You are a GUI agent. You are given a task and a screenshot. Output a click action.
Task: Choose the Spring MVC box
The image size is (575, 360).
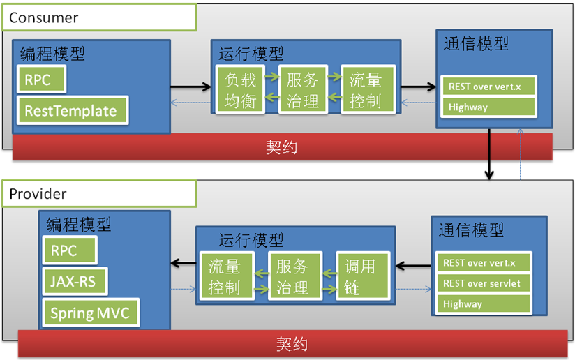[90, 313]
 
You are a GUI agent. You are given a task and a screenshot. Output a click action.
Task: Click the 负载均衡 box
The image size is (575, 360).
[241, 89]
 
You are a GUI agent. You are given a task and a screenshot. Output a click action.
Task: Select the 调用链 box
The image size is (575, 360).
[360, 276]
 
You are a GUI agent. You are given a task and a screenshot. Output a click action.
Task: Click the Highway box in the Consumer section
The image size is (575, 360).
[488, 107]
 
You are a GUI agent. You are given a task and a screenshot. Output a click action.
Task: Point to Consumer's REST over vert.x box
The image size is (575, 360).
[488, 87]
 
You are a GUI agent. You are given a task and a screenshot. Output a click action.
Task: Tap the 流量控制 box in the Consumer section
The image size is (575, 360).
[366, 89]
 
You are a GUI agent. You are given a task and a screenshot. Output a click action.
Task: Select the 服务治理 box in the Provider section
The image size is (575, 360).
[292, 276]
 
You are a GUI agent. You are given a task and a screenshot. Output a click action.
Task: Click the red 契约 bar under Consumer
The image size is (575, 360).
[282, 147]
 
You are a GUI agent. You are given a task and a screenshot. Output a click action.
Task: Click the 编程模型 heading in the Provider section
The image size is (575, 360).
[79, 225]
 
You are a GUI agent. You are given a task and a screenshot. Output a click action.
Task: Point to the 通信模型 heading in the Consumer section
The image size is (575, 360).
[476, 43]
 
